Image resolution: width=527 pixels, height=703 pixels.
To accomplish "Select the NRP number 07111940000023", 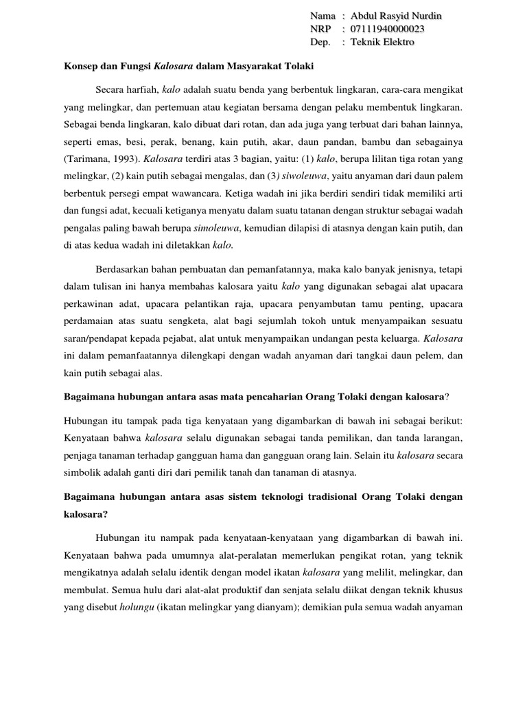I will point(387,29).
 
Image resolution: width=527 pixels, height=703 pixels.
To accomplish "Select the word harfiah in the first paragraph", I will point(142,90).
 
